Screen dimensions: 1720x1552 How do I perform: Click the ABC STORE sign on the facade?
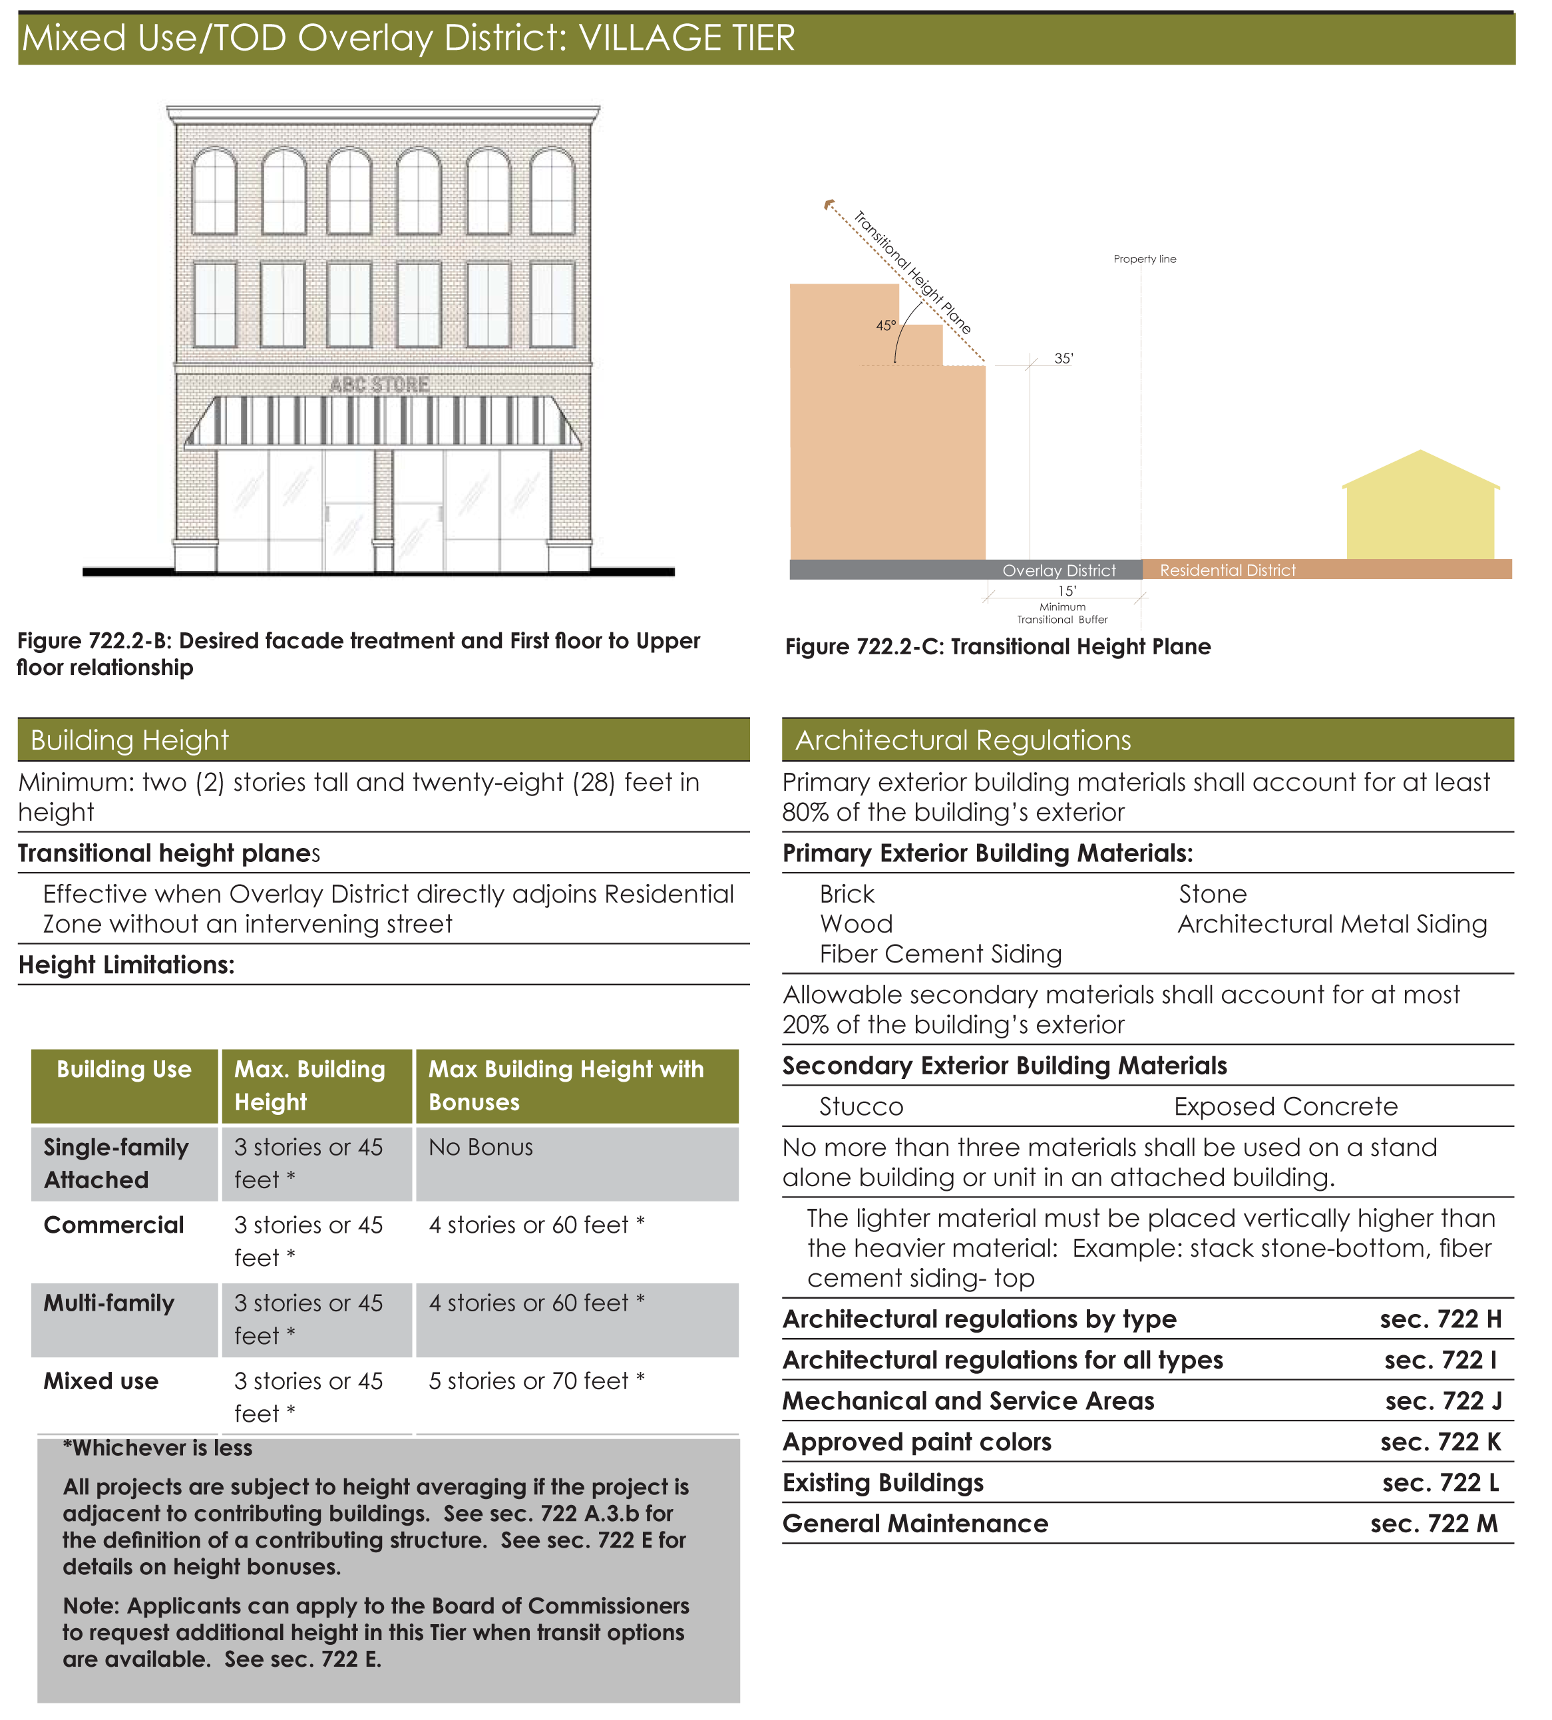[x=380, y=385]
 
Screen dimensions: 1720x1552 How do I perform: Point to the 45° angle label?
[x=886, y=325]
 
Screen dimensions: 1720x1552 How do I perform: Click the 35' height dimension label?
[x=1064, y=359]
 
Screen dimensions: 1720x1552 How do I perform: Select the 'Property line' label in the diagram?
[x=1145, y=259]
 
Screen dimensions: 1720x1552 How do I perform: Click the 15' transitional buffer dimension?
[x=1067, y=591]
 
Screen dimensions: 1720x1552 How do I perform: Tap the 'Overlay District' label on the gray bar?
[x=1059, y=570]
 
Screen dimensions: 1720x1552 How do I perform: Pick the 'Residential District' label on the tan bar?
[x=1227, y=570]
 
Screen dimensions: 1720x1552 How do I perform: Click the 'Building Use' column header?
[x=124, y=1070]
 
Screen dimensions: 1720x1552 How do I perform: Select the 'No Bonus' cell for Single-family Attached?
[x=481, y=1148]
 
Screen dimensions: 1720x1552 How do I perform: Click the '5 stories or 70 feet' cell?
[x=536, y=1381]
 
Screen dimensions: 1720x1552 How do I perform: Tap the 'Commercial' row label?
[x=113, y=1225]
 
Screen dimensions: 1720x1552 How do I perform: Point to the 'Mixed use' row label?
[x=100, y=1381]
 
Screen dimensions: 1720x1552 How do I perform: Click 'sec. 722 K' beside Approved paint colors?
[x=1440, y=1442]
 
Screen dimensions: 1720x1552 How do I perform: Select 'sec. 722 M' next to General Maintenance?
[x=1434, y=1524]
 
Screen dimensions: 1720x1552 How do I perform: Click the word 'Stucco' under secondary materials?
[x=861, y=1107]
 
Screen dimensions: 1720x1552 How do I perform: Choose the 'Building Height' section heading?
[x=130, y=740]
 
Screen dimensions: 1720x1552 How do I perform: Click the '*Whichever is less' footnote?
[x=158, y=1448]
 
